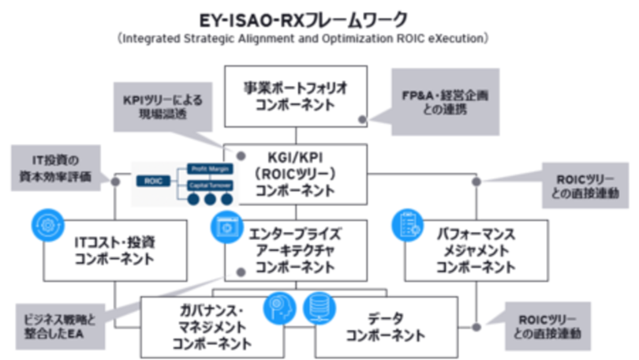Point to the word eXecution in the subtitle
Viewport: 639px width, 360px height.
pos(456,37)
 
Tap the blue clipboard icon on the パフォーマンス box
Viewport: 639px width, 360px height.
pos(408,224)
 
